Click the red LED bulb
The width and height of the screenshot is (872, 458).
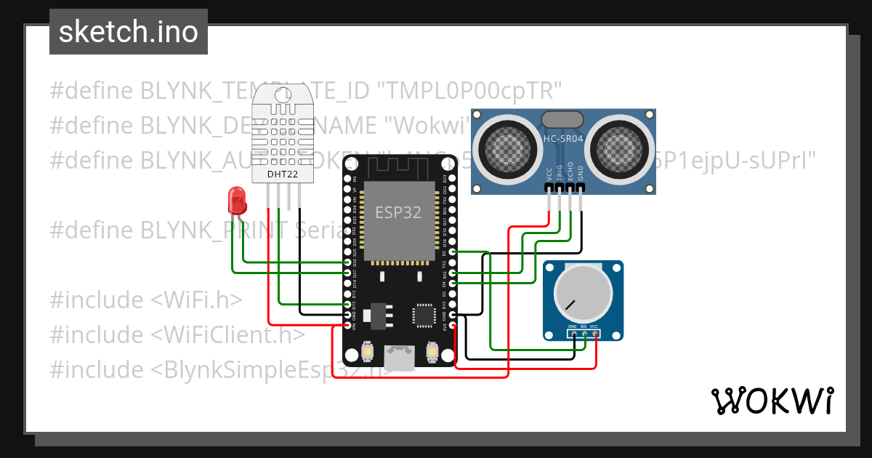[x=236, y=199]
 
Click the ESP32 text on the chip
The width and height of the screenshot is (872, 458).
[x=397, y=212]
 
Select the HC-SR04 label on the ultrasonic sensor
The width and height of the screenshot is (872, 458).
[x=563, y=137]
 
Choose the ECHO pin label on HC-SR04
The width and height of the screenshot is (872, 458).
[x=570, y=171]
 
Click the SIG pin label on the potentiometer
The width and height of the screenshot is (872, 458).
[x=584, y=327]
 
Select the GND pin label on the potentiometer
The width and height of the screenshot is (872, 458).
[x=573, y=327]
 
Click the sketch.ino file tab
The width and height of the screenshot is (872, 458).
[x=129, y=32]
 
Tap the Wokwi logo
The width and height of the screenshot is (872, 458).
[x=772, y=401]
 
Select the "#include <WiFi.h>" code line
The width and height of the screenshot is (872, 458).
[x=145, y=300]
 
